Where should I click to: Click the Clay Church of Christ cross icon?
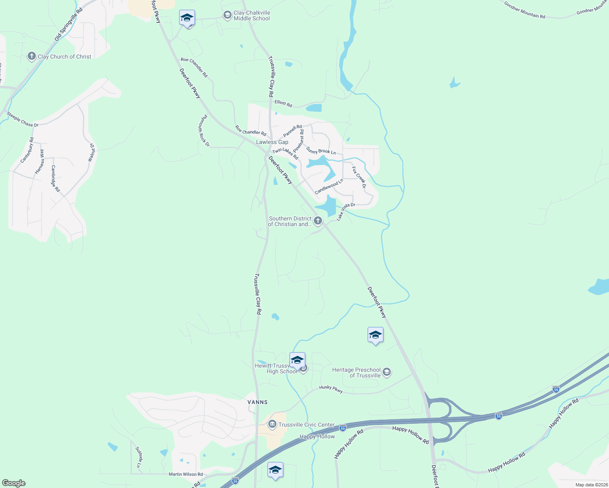[32, 57]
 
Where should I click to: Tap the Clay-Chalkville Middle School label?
[252, 16]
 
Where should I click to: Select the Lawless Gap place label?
[272, 142]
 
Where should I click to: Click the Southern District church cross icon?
[318, 221]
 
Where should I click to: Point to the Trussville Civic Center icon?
[272, 425]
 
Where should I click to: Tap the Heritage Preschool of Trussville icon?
[387, 372]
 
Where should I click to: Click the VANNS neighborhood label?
[258, 402]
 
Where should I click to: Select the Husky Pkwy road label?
[331, 389]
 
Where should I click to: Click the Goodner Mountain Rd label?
[524, 10]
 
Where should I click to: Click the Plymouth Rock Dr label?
[204, 131]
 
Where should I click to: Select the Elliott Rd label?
[283, 104]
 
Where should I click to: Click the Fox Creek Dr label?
[359, 177]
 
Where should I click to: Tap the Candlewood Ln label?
[329, 187]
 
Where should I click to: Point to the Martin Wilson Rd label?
[186, 474]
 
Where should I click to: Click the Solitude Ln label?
[138, 457]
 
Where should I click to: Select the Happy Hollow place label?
[317, 437]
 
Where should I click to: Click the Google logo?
[14, 483]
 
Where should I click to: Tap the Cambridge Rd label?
[55, 179]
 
